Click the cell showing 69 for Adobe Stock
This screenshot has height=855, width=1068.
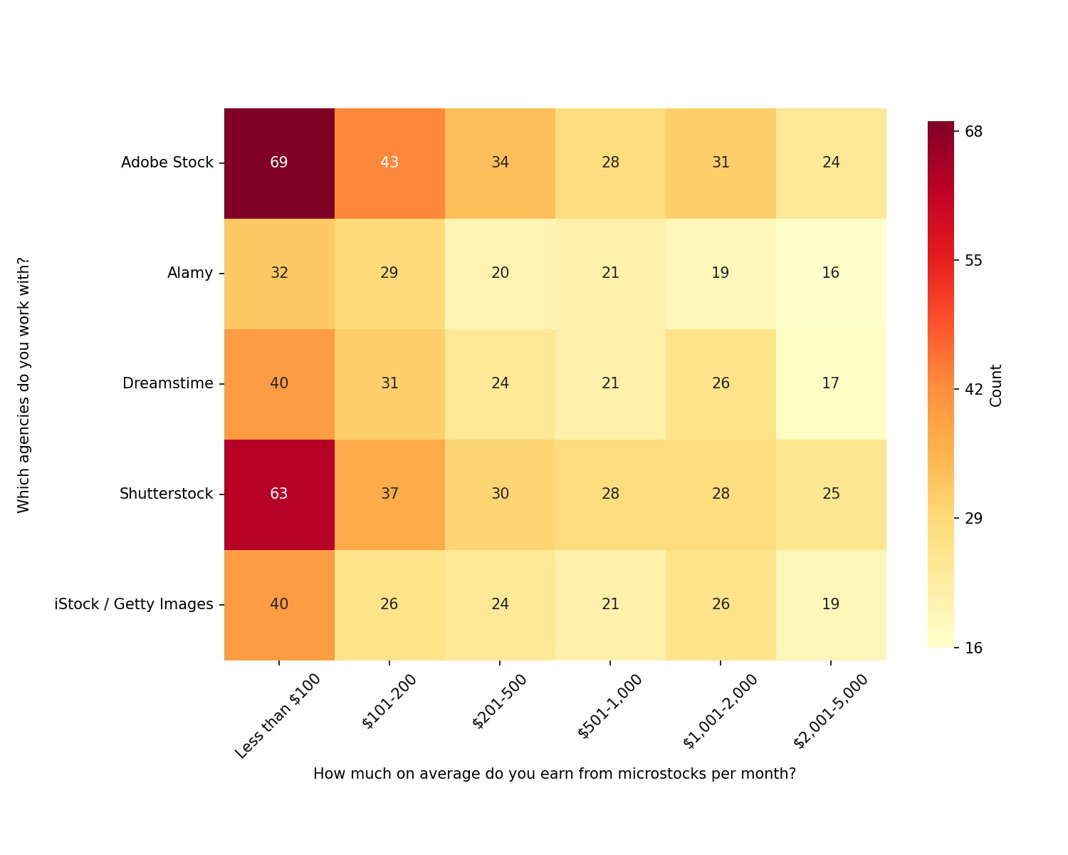pyautogui.click(x=279, y=162)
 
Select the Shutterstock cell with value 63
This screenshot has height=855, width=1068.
pyautogui.click(x=279, y=494)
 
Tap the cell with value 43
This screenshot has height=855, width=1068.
pyautogui.click(x=389, y=162)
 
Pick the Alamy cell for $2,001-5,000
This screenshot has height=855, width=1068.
pyautogui.click(x=831, y=273)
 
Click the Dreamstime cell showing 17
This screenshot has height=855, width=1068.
pyautogui.click(x=831, y=383)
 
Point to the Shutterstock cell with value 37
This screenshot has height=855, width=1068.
pyautogui.click(x=389, y=494)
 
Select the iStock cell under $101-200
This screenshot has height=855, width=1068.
pyautogui.click(x=389, y=604)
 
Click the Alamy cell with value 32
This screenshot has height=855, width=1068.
pyautogui.click(x=279, y=273)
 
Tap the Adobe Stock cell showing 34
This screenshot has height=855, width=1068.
pyautogui.click(x=500, y=162)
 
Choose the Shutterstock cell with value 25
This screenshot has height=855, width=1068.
pyautogui.click(x=831, y=494)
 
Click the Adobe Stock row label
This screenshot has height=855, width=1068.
pyautogui.click(x=167, y=162)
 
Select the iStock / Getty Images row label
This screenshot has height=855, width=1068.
pyautogui.click(x=134, y=604)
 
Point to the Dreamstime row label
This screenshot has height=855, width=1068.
pyautogui.click(x=168, y=383)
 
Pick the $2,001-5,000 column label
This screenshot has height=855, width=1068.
pyautogui.click(x=831, y=711)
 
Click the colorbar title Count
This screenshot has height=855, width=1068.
pyautogui.click(x=996, y=385)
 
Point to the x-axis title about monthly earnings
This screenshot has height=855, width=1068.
pyautogui.click(x=554, y=774)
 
